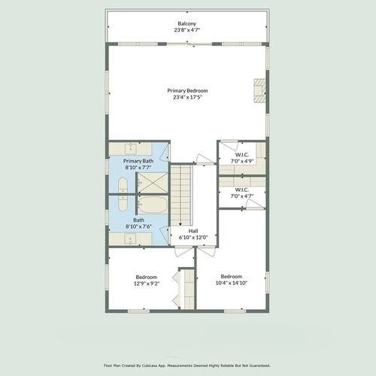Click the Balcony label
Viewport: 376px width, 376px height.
(x=186, y=23)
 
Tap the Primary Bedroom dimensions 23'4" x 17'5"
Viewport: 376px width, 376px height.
(x=187, y=97)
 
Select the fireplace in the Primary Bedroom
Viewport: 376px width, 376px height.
(x=259, y=90)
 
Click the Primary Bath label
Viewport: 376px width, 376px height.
(x=138, y=161)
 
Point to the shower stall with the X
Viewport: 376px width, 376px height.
(x=153, y=183)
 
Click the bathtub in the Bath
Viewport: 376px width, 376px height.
(x=153, y=205)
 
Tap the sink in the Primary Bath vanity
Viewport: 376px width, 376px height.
(x=131, y=148)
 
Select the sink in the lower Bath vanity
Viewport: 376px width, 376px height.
(x=130, y=239)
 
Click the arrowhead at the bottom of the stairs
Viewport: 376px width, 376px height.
(x=180, y=224)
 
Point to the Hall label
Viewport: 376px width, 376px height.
(x=193, y=231)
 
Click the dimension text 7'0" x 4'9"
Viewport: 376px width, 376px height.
(x=242, y=161)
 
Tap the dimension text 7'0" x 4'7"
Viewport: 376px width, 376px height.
(x=242, y=196)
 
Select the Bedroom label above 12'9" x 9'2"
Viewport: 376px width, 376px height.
(x=147, y=277)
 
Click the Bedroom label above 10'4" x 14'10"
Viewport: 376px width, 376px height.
(x=232, y=276)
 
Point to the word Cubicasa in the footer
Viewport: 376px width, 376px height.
(x=150, y=365)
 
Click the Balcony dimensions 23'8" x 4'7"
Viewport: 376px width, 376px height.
(x=187, y=30)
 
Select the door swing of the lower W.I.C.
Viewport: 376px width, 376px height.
(x=255, y=205)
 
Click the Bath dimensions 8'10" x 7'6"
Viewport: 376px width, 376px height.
(x=138, y=226)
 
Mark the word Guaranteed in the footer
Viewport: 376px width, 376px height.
(x=260, y=365)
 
